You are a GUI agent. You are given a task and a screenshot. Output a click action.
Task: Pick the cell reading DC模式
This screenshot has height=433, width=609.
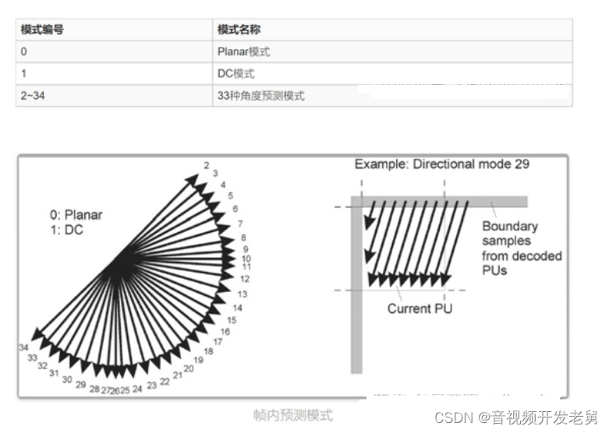tap(235, 74)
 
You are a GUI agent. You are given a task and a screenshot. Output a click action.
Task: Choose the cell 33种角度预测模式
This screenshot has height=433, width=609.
tap(260, 96)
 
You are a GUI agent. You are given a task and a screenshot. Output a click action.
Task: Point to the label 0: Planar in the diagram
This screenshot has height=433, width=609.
tap(76, 215)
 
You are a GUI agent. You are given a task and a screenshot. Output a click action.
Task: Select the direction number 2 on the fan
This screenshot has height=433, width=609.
tap(207, 165)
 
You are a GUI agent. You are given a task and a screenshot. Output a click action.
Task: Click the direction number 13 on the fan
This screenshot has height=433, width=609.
tap(243, 294)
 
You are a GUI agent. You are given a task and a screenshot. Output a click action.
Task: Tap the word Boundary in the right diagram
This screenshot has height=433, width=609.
tap(509, 227)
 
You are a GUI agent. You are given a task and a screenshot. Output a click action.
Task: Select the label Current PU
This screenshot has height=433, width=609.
tap(420, 308)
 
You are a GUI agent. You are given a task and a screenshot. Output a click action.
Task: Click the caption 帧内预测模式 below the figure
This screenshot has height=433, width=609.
tap(292, 415)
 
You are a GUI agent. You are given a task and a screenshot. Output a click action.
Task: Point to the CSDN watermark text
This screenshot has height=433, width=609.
tap(453, 417)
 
